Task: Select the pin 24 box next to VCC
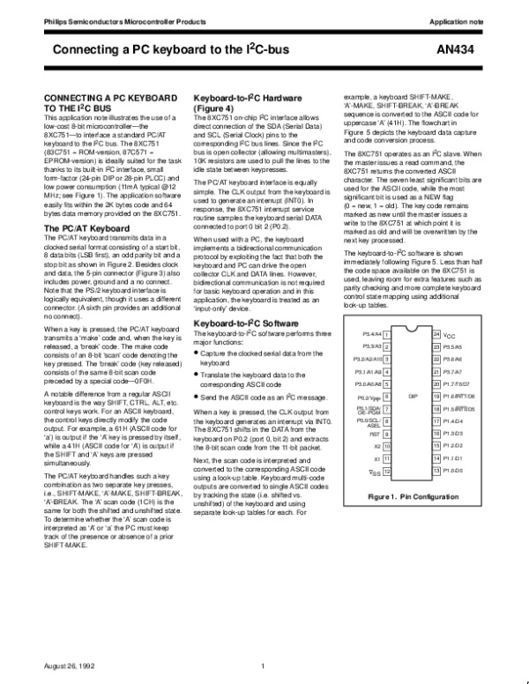click(436, 336)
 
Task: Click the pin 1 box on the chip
click(387, 336)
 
